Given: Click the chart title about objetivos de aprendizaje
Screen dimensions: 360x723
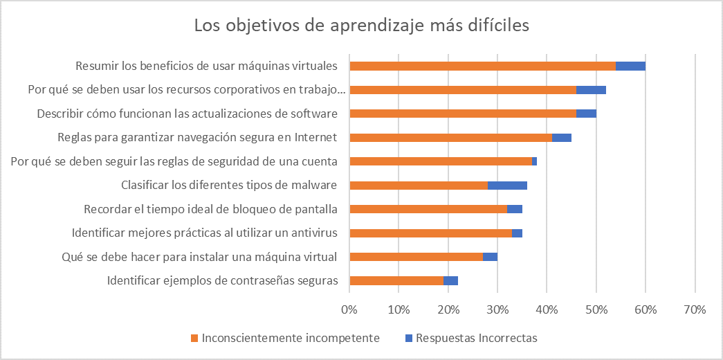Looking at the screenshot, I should point(361,26).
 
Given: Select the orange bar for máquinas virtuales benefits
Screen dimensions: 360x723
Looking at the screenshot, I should point(482,66).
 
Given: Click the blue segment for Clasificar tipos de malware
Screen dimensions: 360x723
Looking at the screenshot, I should point(507,186).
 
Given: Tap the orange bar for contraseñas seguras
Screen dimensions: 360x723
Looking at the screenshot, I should point(396,280).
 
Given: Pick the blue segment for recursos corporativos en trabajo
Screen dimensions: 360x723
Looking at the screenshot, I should point(591,90).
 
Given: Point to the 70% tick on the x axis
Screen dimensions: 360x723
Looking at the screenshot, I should point(694,309).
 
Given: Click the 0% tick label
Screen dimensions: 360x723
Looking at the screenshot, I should point(349,309).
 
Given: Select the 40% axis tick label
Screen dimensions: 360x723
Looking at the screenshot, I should point(547,309).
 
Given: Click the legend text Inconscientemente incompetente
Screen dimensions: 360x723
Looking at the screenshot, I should point(290,339).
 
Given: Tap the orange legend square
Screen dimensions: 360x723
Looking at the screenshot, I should point(194,339).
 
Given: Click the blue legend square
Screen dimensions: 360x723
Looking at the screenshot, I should point(408,339).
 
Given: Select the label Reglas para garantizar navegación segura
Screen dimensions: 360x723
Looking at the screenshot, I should point(197,137).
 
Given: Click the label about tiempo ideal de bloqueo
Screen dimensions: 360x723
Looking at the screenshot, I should point(210,209).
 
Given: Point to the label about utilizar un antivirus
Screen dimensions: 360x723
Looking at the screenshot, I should point(205,233).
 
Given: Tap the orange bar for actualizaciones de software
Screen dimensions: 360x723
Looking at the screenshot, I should point(463,114).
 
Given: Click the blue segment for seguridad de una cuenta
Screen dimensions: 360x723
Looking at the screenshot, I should point(534,161).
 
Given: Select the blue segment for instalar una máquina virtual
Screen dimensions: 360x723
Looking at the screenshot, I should point(490,257).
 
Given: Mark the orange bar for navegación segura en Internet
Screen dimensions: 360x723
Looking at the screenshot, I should point(450,138).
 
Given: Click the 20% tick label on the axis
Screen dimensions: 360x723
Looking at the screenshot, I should point(448,309).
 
